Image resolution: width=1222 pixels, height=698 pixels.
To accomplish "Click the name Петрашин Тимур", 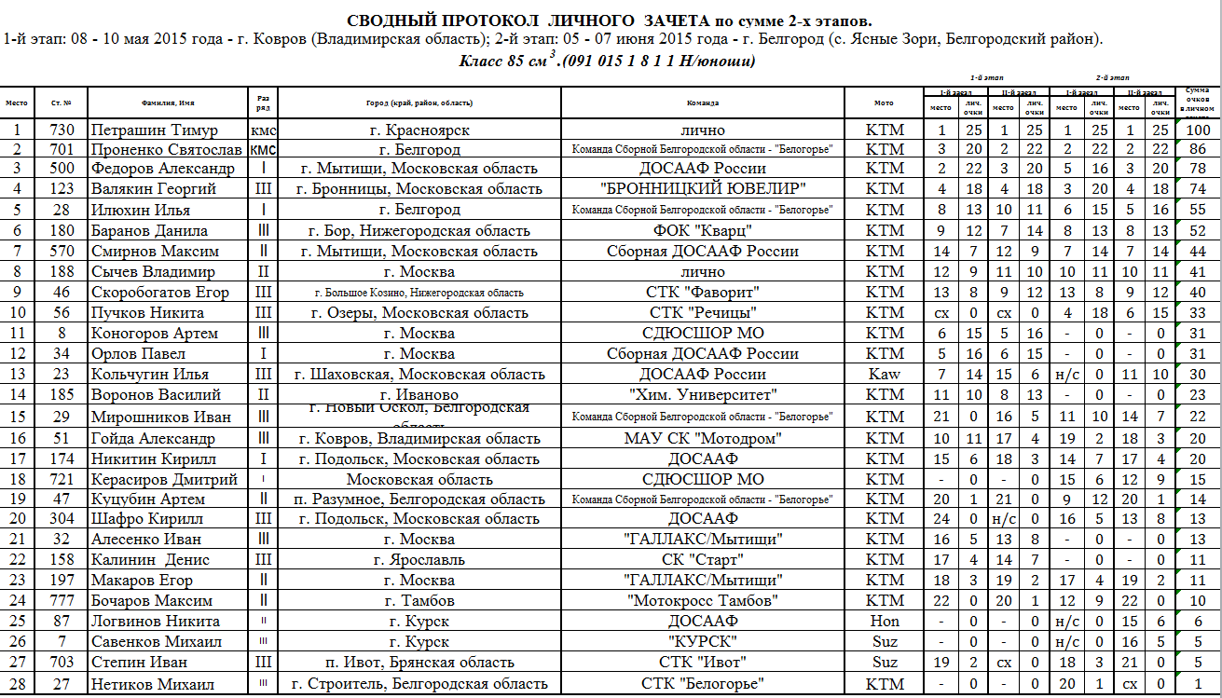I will (x=155, y=130).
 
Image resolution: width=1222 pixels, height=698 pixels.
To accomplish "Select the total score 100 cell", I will (x=1197, y=130).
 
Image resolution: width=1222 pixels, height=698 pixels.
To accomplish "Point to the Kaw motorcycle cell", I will (x=884, y=375).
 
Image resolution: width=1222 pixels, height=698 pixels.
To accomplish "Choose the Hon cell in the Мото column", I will (x=884, y=622).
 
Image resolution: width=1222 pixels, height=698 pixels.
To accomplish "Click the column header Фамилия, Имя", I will (x=168, y=103).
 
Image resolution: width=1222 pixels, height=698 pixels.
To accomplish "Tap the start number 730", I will (x=62, y=130).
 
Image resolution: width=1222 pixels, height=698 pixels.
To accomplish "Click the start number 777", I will (x=62, y=601).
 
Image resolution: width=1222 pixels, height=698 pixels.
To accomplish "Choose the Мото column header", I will (x=884, y=103).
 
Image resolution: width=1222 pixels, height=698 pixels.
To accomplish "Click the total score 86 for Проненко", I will (x=1197, y=149).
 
